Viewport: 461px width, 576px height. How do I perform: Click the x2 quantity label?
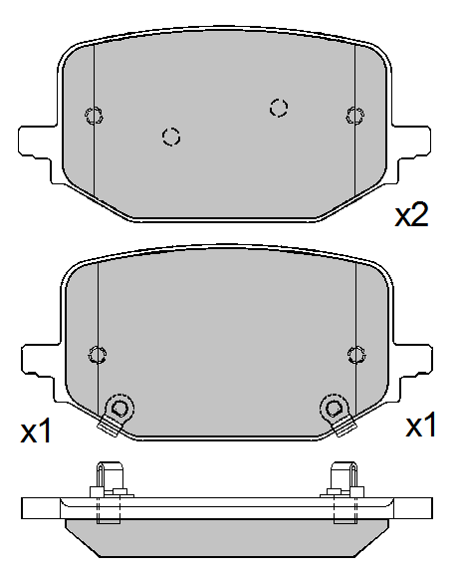(x=411, y=215)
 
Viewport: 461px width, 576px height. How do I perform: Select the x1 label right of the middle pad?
(x=420, y=427)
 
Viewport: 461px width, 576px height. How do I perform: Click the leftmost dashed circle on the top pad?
(x=94, y=115)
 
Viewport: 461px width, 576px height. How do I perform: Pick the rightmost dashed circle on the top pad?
(x=351, y=115)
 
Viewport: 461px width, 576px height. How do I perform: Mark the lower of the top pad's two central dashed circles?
(x=170, y=137)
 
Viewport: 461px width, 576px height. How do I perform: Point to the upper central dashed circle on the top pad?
(x=279, y=108)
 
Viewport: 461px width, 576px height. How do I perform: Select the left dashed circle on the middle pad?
(x=98, y=355)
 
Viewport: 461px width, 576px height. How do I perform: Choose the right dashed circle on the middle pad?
(x=355, y=355)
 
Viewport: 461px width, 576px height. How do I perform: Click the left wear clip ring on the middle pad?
(x=120, y=408)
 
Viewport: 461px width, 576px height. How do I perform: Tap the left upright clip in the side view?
(x=107, y=478)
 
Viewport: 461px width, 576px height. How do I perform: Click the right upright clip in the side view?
(x=345, y=478)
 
